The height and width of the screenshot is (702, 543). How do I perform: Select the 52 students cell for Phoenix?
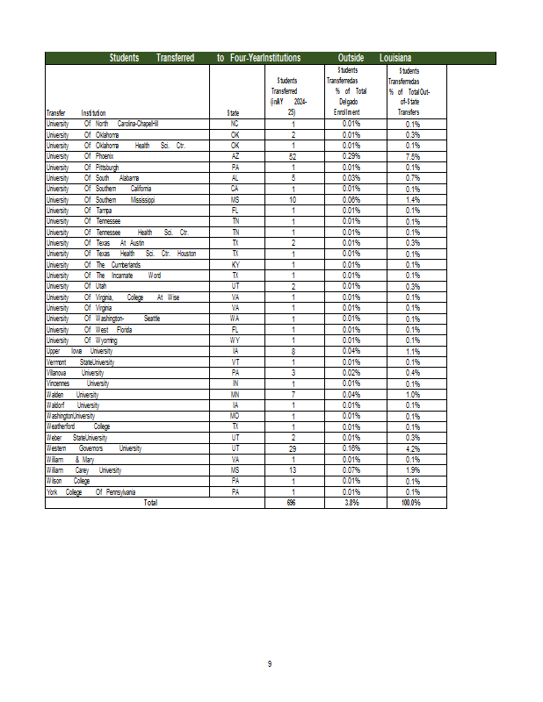pos(293,156)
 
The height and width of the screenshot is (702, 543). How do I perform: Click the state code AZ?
pos(235,156)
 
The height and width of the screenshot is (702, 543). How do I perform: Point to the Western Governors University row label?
pos(93,448)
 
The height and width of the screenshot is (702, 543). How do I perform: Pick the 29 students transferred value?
pos(293,448)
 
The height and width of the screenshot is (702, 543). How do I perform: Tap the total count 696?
pos(292,503)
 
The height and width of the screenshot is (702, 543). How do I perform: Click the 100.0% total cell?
pos(410,503)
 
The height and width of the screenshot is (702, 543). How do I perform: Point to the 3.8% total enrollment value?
pos(351,503)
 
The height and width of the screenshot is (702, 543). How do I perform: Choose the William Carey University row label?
pos(83,470)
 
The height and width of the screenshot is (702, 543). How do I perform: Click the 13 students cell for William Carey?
pos(293,470)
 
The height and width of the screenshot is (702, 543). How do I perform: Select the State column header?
pos(234,113)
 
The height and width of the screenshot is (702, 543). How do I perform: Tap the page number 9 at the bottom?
pos(270,664)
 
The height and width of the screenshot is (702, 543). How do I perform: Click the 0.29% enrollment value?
pos(351,156)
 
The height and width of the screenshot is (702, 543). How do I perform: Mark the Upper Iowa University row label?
pos(79,351)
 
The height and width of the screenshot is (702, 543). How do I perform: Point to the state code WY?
pos(235,340)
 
